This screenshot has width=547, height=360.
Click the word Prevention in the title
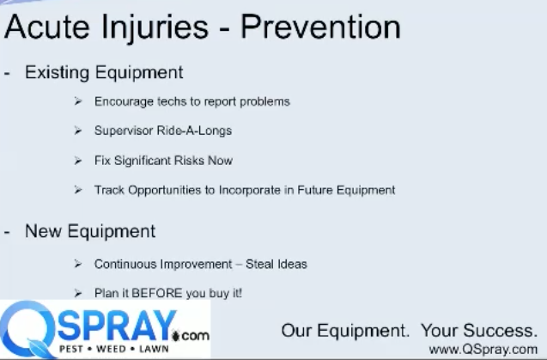coord(320,27)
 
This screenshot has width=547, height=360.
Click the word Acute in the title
coord(46,27)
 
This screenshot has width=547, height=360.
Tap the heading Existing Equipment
coord(104,73)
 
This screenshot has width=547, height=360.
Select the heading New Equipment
coord(90,231)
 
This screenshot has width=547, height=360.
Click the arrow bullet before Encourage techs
coord(78,101)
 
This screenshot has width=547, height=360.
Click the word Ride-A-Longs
coord(194,131)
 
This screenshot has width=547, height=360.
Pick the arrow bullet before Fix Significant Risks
coord(78,161)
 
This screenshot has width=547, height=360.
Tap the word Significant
coord(142,161)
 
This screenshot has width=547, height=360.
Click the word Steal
coord(258,264)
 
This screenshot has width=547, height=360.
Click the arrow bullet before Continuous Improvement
coord(78,264)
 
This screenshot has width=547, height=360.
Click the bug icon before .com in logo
coord(176,336)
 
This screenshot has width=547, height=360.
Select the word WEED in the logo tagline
coord(111,349)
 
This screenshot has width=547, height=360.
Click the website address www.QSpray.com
coord(483,349)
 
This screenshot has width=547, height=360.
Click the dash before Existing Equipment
coord(7,74)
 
